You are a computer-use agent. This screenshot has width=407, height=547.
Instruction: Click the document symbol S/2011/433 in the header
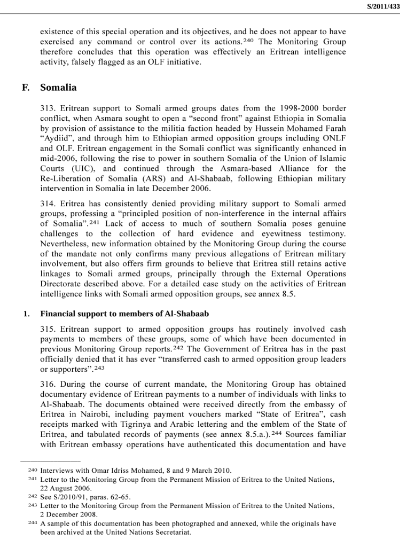pos(384,6)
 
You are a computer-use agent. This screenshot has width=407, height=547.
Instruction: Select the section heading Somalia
pos(58,88)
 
